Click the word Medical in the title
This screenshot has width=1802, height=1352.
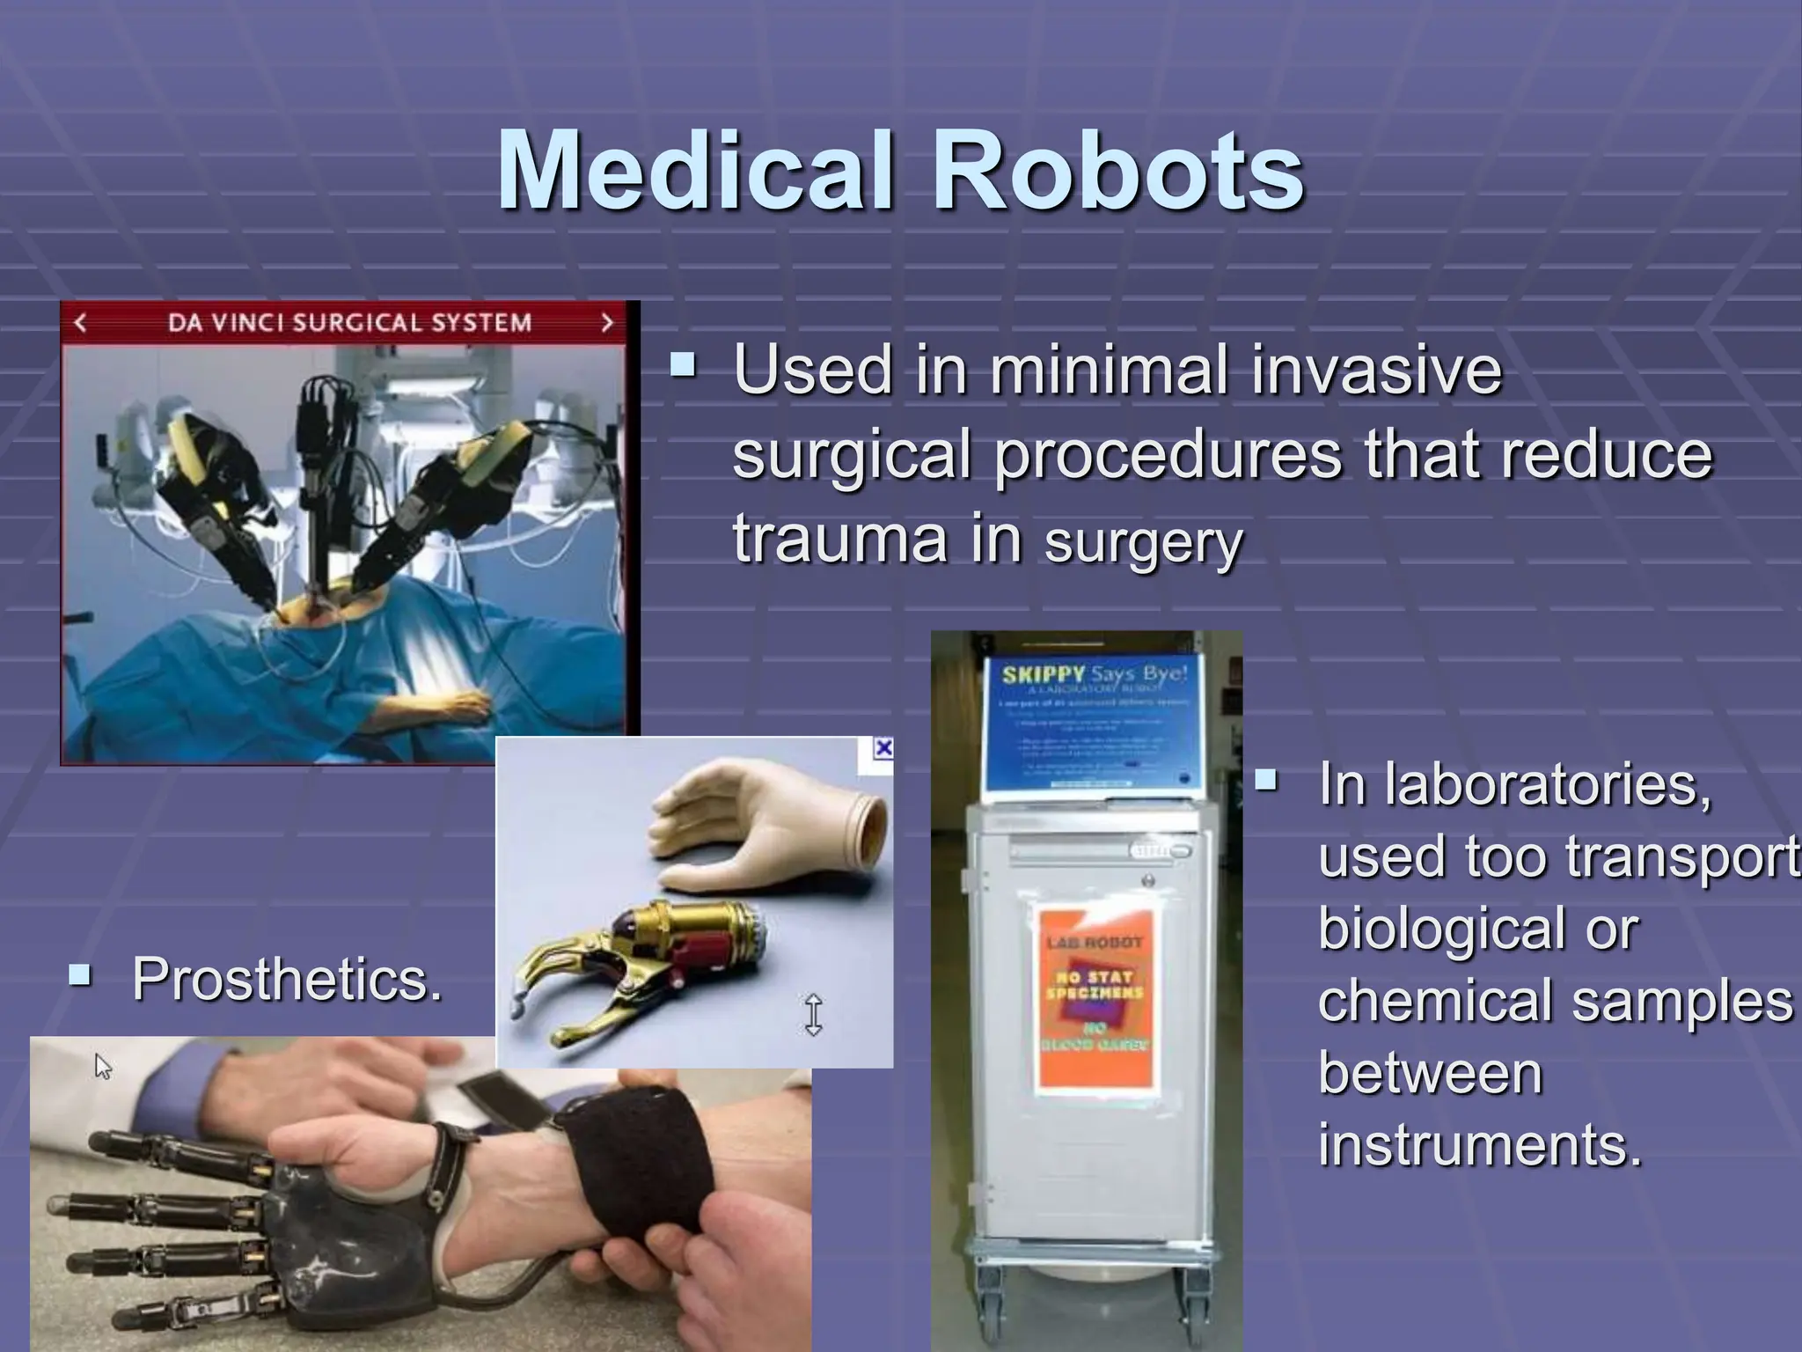695,172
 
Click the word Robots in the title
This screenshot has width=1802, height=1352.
1118,172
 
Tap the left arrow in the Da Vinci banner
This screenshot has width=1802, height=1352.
80,323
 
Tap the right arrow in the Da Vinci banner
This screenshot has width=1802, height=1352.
606,323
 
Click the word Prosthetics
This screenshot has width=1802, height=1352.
287,979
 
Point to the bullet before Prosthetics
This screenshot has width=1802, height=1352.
80,974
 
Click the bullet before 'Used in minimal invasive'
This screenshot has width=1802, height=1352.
682,364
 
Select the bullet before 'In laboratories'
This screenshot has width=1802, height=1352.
1266,780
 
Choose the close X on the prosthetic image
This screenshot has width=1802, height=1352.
883,749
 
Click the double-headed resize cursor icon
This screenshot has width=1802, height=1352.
813,1014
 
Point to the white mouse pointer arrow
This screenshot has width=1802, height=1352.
102,1067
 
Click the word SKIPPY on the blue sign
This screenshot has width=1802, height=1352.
1044,675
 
